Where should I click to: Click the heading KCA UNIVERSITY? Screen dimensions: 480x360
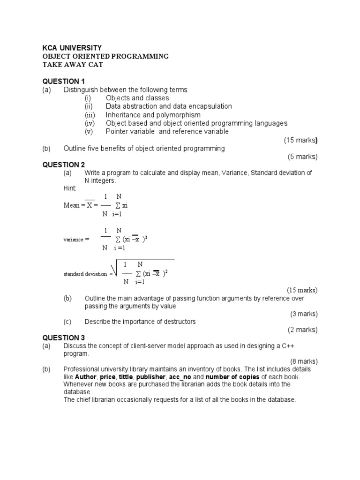[72, 48]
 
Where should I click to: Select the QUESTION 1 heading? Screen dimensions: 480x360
[64, 81]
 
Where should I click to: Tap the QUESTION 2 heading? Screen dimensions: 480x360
[64, 165]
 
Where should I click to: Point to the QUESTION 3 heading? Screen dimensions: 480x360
[64, 337]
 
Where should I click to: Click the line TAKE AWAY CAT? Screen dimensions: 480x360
[73, 65]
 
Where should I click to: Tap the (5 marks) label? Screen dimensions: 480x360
[302, 157]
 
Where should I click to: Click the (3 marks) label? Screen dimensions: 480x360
[302, 314]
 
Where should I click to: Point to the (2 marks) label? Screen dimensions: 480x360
[302, 330]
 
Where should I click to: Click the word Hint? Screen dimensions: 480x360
[69, 188]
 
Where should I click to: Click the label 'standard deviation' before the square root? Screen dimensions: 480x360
[85, 274]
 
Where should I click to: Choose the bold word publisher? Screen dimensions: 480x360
[150, 377]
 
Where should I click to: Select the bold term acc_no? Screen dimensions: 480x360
[180, 377]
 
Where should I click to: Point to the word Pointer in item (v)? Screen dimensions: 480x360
[117, 132]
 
